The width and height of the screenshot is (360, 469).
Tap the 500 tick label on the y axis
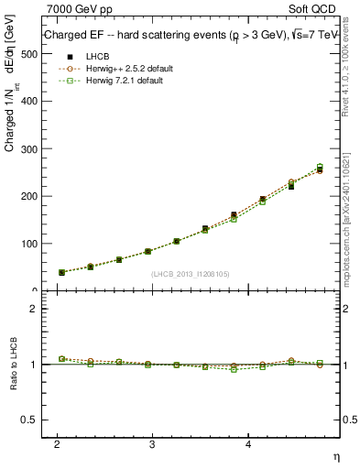(29, 54)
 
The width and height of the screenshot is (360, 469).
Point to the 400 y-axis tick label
(29, 102)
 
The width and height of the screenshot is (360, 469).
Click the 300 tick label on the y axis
(29, 149)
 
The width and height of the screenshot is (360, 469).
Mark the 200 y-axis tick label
(29, 197)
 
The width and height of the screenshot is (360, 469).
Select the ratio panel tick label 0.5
(30, 420)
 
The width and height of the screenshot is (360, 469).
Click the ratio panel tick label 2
(34, 309)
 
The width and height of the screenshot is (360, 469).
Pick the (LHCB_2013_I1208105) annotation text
(190, 274)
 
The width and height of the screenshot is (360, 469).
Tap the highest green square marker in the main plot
(320, 167)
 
